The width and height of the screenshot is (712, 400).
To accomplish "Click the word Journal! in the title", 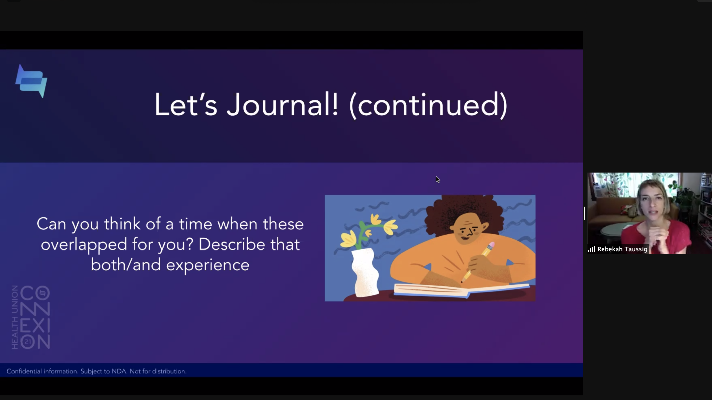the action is [x=282, y=105].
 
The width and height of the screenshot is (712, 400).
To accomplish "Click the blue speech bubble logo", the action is [x=31, y=81].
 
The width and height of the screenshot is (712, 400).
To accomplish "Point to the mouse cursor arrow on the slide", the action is [x=437, y=179].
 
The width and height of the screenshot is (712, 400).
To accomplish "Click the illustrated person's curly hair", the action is [x=464, y=212].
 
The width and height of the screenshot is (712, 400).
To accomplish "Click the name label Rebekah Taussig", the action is [x=622, y=249].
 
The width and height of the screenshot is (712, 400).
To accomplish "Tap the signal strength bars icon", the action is [x=591, y=249].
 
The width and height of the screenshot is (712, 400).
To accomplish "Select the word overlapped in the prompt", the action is [x=84, y=244].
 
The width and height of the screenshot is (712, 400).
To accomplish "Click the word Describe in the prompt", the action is [x=232, y=244].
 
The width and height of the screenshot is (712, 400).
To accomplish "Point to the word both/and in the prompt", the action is [x=126, y=265].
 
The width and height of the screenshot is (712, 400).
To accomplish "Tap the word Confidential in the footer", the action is [x=24, y=371].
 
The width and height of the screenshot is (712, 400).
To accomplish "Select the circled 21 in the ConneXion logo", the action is [x=28, y=342].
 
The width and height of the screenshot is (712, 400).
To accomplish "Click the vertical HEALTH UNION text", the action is [x=15, y=317].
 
